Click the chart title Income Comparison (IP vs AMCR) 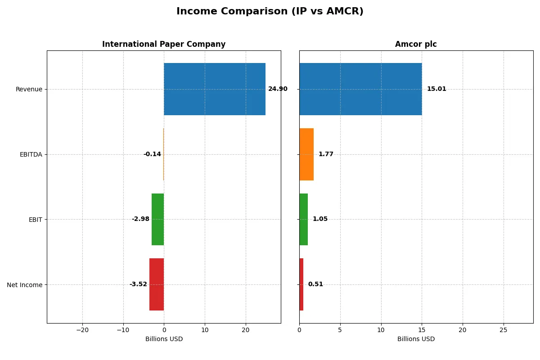(x=270, y=11)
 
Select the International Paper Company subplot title (x=164, y=44)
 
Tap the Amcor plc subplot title (x=416, y=44)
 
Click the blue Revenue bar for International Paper (x=215, y=89)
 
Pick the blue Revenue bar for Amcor (x=360, y=89)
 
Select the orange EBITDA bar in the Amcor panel (x=306, y=154)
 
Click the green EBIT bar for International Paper (x=158, y=219)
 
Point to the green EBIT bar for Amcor (x=304, y=219)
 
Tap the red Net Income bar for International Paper (x=157, y=284)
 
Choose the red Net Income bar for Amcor (x=301, y=284)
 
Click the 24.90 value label (x=278, y=89)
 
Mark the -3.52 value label (x=138, y=284)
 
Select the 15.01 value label (x=436, y=89)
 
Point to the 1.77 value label (x=326, y=154)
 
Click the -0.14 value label (x=152, y=154)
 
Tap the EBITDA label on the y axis (x=31, y=154)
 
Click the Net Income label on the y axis (x=25, y=285)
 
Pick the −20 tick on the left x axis (x=82, y=330)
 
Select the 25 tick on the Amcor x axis (x=504, y=330)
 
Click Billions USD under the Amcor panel (x=416, y=339)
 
